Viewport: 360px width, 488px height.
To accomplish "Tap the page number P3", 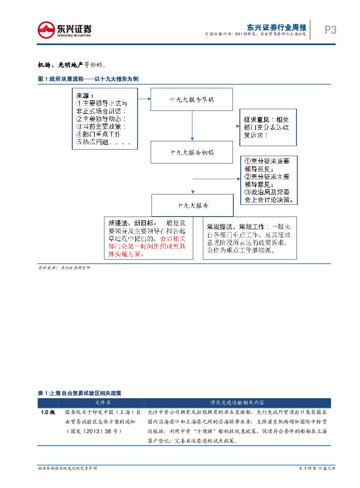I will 330,30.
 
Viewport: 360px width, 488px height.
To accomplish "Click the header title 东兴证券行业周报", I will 276,27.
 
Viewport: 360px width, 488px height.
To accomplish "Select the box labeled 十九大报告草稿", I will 192,99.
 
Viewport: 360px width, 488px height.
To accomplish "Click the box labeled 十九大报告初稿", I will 192,152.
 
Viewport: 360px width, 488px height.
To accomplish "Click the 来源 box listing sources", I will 105,119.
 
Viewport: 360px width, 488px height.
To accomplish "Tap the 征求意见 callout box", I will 268,127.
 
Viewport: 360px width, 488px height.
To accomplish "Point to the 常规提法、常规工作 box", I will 249,238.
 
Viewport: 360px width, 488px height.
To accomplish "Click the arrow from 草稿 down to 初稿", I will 192,126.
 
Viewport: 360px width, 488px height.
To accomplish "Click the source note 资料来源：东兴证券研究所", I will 64,268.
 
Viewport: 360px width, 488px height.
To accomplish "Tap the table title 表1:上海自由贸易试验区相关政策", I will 79,393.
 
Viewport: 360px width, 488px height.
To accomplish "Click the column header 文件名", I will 103,403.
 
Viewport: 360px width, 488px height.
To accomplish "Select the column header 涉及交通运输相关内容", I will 237,403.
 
